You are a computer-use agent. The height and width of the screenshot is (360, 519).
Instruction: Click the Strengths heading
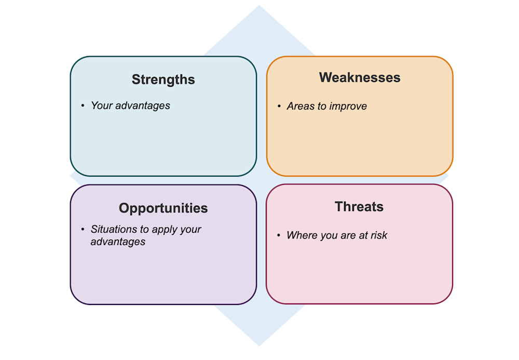(x=163, y=79)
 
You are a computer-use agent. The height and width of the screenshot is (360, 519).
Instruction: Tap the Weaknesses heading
(x=360, y=77)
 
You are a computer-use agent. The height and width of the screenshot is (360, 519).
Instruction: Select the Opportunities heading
(x=163, y=208)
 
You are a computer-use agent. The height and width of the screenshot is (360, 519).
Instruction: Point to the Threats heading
(x=359, y=207)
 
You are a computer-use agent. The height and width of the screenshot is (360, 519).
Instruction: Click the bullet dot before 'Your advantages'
(x=83, y=106)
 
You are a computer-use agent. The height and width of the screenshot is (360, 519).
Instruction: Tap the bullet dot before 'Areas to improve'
(x=279, y=106)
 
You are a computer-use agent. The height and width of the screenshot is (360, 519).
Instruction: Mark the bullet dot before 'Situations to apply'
(x=83, y=229)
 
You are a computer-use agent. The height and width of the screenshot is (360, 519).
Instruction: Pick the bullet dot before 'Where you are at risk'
(x=279, y=236)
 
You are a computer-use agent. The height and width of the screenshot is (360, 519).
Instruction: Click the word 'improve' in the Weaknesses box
(x=348, y=106)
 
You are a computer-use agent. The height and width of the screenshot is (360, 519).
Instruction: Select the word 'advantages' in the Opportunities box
(x=118, y=242)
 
